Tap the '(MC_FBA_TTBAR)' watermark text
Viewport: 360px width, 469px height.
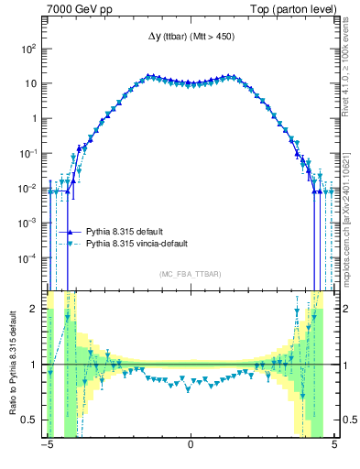point(190,274)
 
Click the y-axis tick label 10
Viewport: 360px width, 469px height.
point(30,83)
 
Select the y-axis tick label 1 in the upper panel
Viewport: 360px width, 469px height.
point(34,118)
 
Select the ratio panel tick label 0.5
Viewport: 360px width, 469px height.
point(29,420)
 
